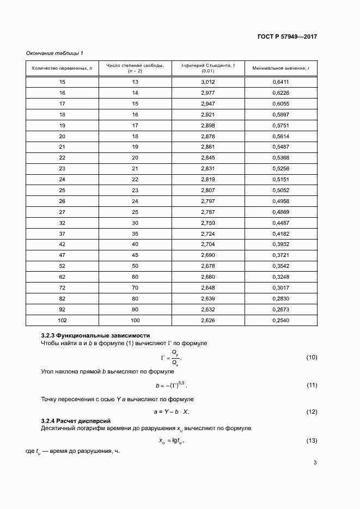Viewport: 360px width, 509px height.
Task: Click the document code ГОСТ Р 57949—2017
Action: [287, 37]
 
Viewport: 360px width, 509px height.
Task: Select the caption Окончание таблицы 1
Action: [54, 53]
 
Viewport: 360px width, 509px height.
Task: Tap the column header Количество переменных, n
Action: [62, 68]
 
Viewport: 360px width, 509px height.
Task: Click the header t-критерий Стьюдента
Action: [208, 65]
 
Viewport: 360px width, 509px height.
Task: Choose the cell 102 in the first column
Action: [62, 320]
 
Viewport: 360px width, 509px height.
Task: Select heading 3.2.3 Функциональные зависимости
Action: [95, 335]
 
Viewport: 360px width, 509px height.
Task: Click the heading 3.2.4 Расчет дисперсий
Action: [76, 421]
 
